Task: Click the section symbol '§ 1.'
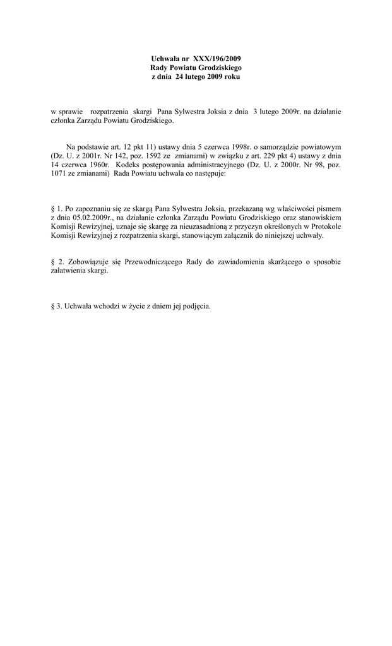tap(56, 208)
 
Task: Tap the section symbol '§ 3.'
tap(56, 307)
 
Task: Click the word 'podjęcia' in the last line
tap(195, 307)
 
